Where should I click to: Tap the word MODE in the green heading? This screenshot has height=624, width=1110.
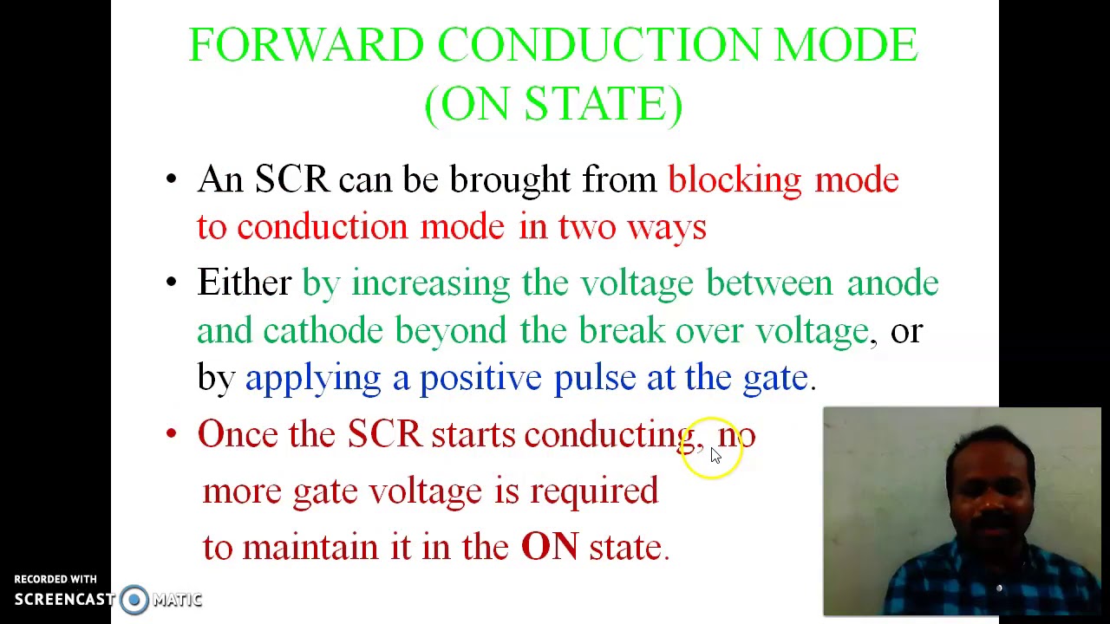[x=846, y=45]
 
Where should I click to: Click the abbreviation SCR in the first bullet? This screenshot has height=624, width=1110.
[x=291, y=180]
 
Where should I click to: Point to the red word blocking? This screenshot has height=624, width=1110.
[x=735, y=180]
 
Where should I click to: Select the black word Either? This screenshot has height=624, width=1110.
[x=245, y=283]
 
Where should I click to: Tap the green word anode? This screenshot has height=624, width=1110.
[x=892, y=283]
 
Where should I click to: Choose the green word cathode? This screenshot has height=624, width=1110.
[x=323, y=331]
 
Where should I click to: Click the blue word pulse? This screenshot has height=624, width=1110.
[x=594, y=379]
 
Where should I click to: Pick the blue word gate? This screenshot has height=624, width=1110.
[x=775, y=379]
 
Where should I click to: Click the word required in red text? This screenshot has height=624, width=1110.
[x=594, y=491]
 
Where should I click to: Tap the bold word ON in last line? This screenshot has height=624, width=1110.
[x=549, y=547]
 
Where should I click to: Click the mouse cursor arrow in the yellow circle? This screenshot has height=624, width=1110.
[x=715, y=456]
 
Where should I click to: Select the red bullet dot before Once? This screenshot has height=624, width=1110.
[x=171, y=434]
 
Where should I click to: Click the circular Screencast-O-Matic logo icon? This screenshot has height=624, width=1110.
[x=134, y=600]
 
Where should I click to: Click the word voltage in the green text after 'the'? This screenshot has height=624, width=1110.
[x=637, y=283]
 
